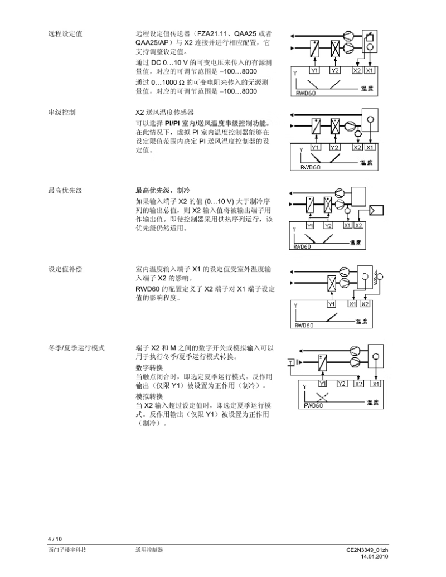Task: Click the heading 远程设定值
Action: pyautogui.click(x=65, y=33)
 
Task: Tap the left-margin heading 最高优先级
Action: pyautogui.click(x=65, y=191)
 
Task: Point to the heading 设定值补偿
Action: pyautogui.click(x=65, y=269)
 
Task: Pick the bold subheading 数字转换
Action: pyautogui.click(x=149, y=368)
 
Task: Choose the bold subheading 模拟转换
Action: pyautogui.click(x=149, y=396)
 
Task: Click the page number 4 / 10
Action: pyautogui.click(x=55, y=539)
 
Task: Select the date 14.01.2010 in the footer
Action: pyautogui.click(x=374, y=556)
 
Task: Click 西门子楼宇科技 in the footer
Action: pyautogui.click(x=67, y=550)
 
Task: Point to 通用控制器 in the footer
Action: pyautogui.click(x=149, y=550)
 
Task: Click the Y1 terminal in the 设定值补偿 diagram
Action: pyautogui.click(x=331, y=304)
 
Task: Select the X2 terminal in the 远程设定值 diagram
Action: pyautogui.click(x=357, y=71)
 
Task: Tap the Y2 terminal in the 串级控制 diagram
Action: pyautogui.click(x=334, y=147)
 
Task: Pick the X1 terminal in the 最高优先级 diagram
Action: pyautogui.click(x=347, y=225)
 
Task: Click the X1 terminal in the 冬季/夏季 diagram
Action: pyautogui.click(x=376, y=384)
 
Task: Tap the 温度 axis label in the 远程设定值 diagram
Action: pyautogui.click(x=366, y=89)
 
